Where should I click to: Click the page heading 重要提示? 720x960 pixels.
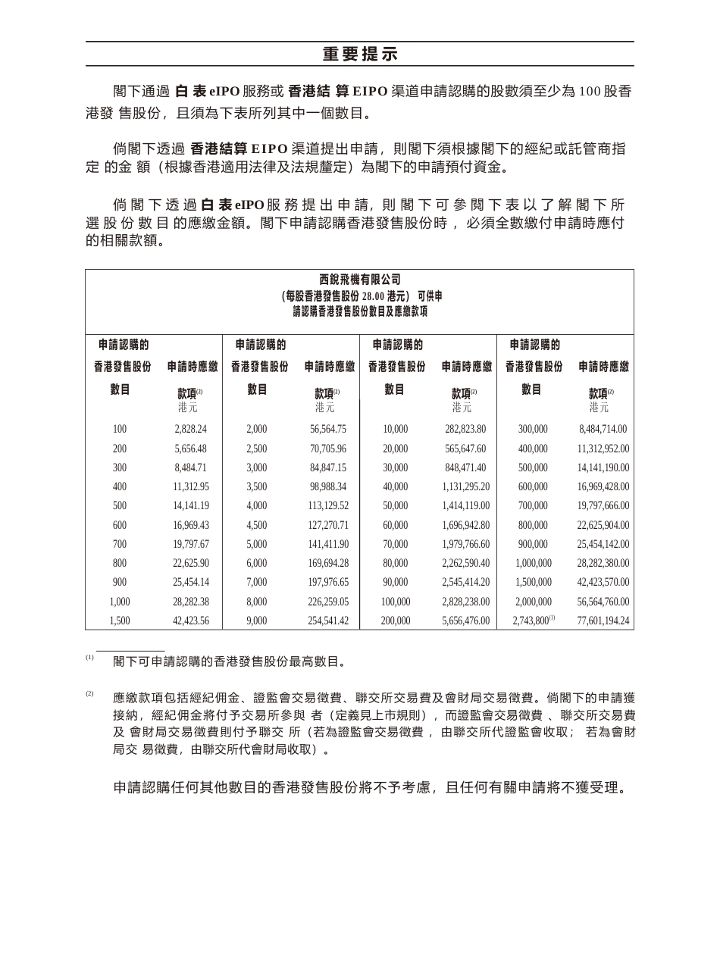(x=360, y=55)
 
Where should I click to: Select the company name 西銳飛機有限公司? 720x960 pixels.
(x=360, y=280)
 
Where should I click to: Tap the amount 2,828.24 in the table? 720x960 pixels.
(x=190, y=430)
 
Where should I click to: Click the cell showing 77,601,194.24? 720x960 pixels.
(x=603, y=621)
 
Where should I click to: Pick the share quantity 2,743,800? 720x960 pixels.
(x=530, y=621)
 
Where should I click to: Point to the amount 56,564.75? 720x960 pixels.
(x=328, y=430)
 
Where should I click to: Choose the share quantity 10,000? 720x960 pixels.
(x=396, y=430)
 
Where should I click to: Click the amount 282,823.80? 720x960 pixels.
(x=465, y=430)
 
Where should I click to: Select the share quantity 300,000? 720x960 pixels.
(x=533, y=430)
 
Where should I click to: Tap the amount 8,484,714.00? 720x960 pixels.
(x=603, y=430)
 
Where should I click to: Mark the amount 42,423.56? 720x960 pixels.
(x=190, y=621)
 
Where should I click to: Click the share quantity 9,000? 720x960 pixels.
(x=257, y=621)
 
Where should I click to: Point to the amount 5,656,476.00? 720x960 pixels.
(x=465, y=621)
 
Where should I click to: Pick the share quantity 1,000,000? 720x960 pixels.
(x=533, y=564)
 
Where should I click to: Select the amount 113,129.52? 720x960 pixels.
(x=328, y=506)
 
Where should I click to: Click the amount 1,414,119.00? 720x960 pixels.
(x=465, y=506)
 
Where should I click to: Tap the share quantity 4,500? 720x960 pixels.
(x=257, y=525)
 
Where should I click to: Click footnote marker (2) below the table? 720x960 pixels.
(x=89, y=693)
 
